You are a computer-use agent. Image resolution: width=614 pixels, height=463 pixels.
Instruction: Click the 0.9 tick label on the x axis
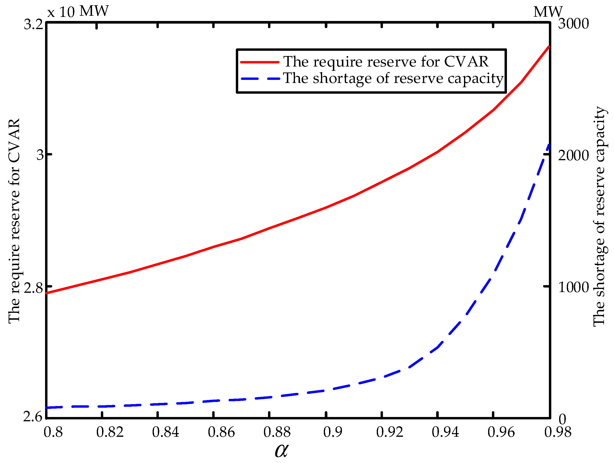333,432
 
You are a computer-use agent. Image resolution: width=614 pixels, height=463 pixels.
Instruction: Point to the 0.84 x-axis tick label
166,432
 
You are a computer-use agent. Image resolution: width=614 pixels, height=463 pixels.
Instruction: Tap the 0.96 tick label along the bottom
501,432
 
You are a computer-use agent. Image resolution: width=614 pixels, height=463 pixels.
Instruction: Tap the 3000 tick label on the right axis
573,24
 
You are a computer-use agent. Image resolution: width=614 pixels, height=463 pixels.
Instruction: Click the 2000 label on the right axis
573,155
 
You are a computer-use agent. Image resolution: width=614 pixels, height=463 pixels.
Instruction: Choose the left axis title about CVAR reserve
14,221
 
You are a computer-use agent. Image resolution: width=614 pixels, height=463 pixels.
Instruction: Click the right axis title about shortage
599,216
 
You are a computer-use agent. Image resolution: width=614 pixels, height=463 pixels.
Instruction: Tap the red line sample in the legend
259,62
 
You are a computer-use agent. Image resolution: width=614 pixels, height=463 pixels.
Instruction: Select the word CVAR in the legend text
466,62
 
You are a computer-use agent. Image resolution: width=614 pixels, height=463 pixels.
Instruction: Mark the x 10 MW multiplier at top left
78,12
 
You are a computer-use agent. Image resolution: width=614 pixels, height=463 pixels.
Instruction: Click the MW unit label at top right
548,12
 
